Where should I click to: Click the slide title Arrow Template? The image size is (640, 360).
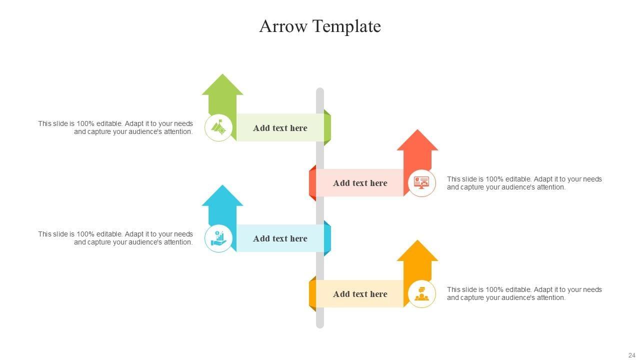pyautogui.click(x=320, y=26)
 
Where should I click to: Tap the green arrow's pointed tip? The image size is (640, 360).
pyautogui.click(x=222, y=75)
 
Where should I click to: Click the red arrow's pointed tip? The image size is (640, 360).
pyautogui.click(x=417, y=130)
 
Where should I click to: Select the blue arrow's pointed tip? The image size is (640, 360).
pyautogui.click(x=222, y=186)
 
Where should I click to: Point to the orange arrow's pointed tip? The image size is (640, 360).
pyautogui.click(x=417, y=241)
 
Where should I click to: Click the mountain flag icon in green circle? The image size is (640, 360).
pyautogui.click(x=218, y=127)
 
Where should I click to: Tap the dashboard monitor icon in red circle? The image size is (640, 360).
pyautogui.click(x=421, y=183)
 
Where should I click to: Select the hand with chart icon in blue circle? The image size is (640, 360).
pyautogui.click(x=218, y=238)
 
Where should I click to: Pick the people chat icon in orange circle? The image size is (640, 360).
pyautogui.click(x=421, y=294)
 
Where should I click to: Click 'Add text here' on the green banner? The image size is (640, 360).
pyautogui.click(x=280, y=128)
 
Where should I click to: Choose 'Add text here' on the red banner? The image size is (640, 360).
pyautogui.click(x=360, y=183)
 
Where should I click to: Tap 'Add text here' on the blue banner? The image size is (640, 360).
pyautogui.click(x=280, y=238)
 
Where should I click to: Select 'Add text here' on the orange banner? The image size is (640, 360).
pyautogui.click(x=360, y=294)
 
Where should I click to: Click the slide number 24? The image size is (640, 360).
pyautogui.click(x=631, y=354)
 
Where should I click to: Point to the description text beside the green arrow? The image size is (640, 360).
pyautogui.click(x=115, y=127)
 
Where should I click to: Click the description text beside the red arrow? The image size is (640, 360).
pyautogui.click(x=524, y=183)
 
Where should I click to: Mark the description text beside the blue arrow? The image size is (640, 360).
pyautogui.click(x=115, y=238)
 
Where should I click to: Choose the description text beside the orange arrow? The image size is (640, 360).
pyautogui.click(x=524, y=293)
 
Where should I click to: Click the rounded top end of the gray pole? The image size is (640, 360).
pyautogui.click(x=320, y=91)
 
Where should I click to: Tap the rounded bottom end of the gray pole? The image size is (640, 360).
pyautogui.click(x=320, y=325)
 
